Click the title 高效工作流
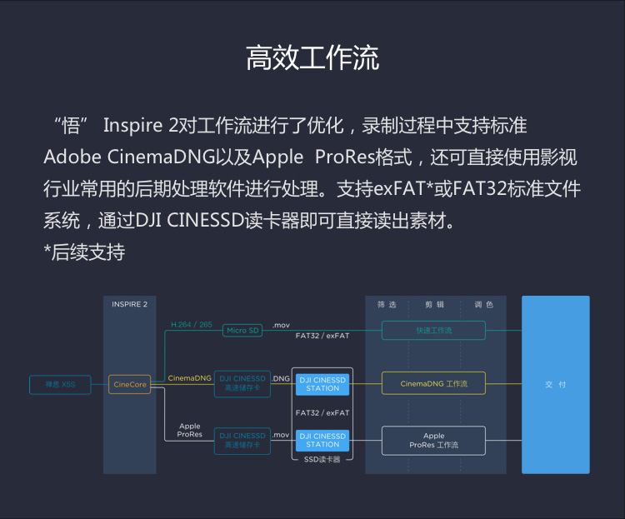pos(312,58)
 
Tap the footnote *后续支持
pos(84,252)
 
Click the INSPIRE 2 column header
pos(129,305)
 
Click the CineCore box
pos(129,384)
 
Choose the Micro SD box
pos(243,331)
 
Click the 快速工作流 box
pos(433,331)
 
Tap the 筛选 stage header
pos(387,305)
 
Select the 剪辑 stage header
pos(434,305)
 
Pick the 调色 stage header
pos(483,305)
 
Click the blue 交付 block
pos(555,384)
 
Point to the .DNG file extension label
pos(281,378)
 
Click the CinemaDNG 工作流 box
pos(433,384)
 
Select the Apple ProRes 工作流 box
pos(433,441)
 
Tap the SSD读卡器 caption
pos(322,459)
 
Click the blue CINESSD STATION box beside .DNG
pos(322,384)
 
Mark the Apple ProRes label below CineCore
pos(190,431)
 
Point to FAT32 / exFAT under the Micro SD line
pos(322,337)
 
